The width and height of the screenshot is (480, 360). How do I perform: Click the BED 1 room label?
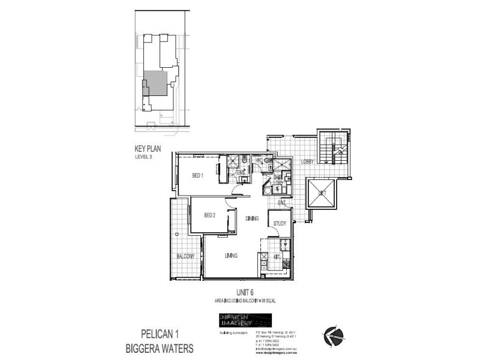[198, 176]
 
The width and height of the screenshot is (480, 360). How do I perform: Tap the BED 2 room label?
[209, 215]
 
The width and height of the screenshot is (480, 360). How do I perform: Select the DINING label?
[251, 219]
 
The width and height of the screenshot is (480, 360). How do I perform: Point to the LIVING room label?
[231, 256]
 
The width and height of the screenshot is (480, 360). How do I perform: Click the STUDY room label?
[280, 224]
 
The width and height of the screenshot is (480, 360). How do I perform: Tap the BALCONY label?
[185, 256]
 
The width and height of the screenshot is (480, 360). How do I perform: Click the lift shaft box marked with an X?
[323, 193]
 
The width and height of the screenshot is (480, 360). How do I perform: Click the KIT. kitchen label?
[278, 256]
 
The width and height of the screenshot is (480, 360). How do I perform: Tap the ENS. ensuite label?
[241, 173]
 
